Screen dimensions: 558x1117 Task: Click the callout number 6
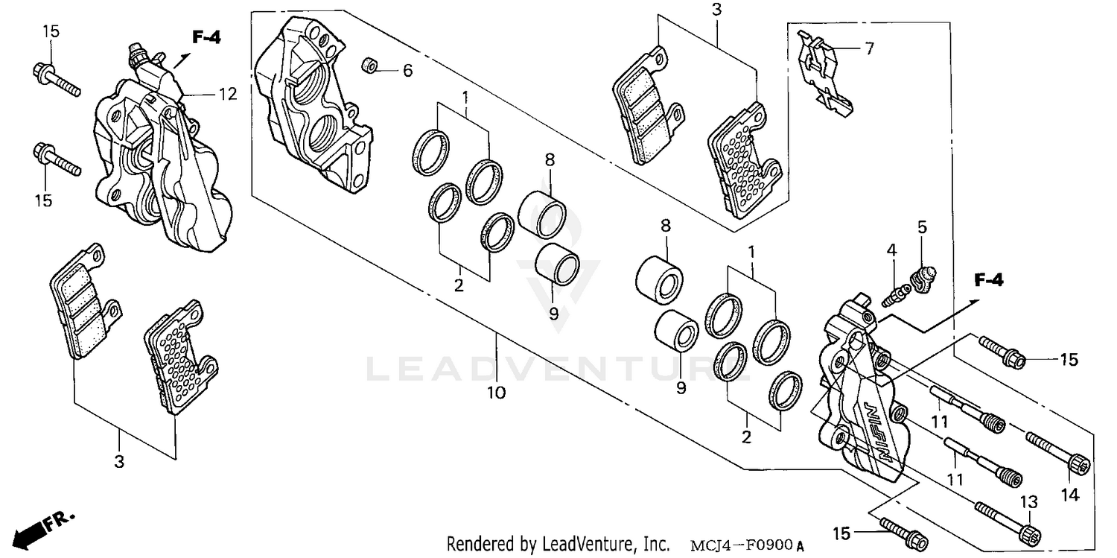[x=407, y=71]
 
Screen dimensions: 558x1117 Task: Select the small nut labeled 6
[x=368, y=66]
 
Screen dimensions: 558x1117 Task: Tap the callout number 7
[x=868, y=48]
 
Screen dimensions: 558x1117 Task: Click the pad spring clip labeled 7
[x=823, y=74]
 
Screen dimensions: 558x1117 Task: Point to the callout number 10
[x=497, y=392]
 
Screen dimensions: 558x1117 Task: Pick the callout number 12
[x=227, y=94]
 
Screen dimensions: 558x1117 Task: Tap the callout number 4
[x=891, y=251]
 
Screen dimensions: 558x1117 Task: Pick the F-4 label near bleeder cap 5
[x=989, y=280]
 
